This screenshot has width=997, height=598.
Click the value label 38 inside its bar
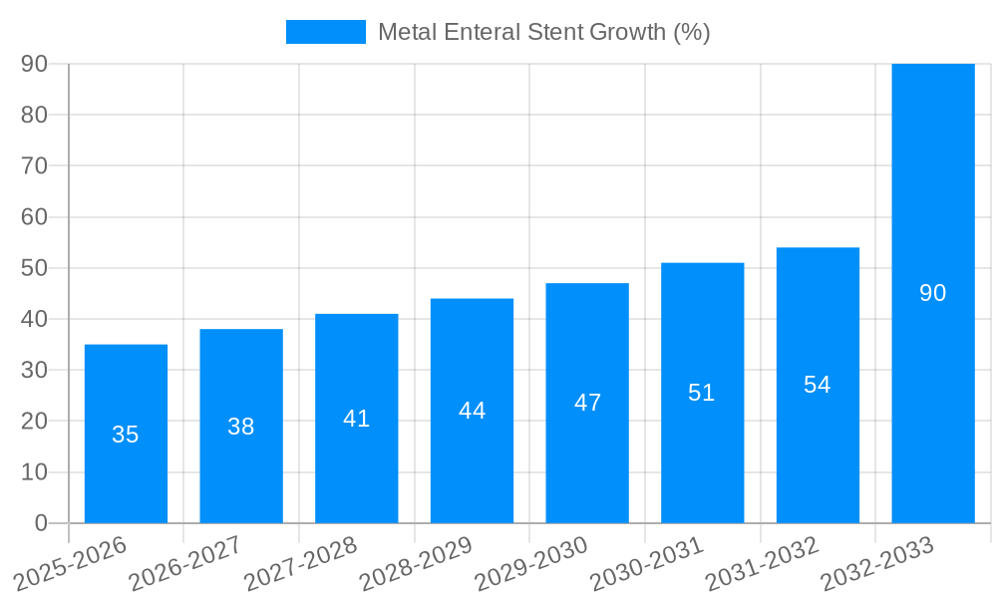[x=241, y=427]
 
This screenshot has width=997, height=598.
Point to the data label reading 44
[x=472, y=411]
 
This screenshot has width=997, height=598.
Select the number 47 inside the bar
[x=587, y=403]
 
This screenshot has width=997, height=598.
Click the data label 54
[x=818, y=385]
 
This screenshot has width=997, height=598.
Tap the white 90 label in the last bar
[x=933, y=293]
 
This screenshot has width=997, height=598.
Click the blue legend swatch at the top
[x=325, y=32]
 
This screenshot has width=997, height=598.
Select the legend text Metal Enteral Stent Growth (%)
[x=543, y=32]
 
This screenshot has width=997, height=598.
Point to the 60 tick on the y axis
[x=34, y=217]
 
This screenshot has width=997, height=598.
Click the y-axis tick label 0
[x=41, y=523]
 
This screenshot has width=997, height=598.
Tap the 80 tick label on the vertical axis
[x=34, y=115]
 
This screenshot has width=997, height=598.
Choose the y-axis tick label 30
[x=34, y=370]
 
